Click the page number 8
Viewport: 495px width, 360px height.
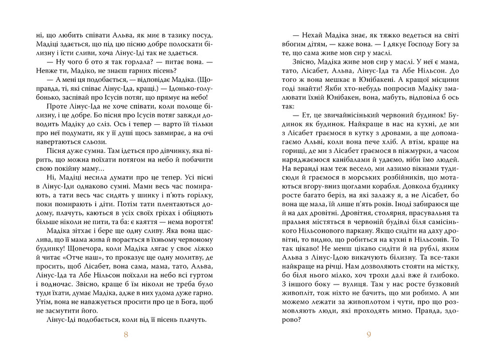pos(126,338)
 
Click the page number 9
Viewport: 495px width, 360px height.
pos(369,338)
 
